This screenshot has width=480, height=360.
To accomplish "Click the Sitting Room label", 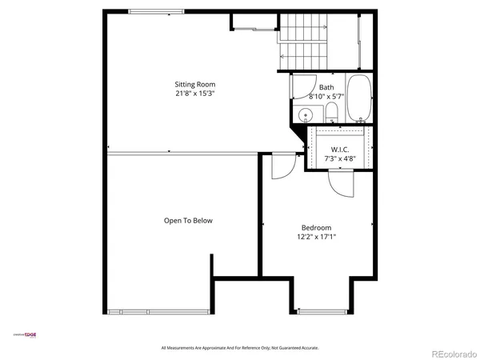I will coord(195,84).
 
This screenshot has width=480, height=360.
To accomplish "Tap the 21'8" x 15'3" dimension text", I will coord(195,94).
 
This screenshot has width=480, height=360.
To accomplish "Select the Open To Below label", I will coord(188,221).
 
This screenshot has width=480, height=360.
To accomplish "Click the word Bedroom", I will coord(317,226).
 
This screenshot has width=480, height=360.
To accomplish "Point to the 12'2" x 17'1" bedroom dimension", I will coord(317,236).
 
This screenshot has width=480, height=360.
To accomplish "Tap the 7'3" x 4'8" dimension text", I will coord(340,158).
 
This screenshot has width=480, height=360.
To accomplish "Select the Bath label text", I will coord(326,88).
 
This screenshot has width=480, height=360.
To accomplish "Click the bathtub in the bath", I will coord(359,98).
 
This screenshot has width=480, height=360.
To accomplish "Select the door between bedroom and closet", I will coord(338,181).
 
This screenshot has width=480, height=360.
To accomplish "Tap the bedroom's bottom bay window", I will coord(322,310).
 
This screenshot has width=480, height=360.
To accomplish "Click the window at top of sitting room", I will coord(154,11).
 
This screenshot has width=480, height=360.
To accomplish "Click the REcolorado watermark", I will coord(453,353).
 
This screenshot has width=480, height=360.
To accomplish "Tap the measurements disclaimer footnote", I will coord(240,347).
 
